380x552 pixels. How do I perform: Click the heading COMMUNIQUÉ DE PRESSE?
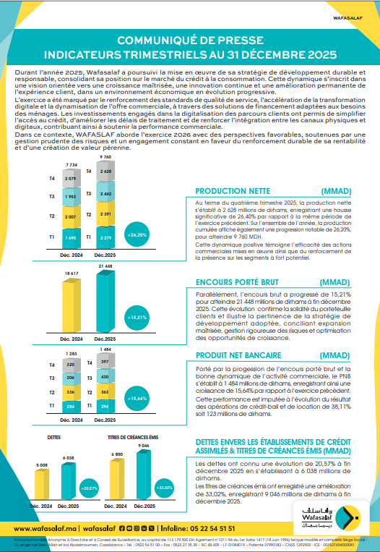(190, 42)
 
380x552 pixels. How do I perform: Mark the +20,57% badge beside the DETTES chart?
(90, 488)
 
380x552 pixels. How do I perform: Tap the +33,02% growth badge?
(167, 488)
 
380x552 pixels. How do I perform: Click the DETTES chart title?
(53, 438)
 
